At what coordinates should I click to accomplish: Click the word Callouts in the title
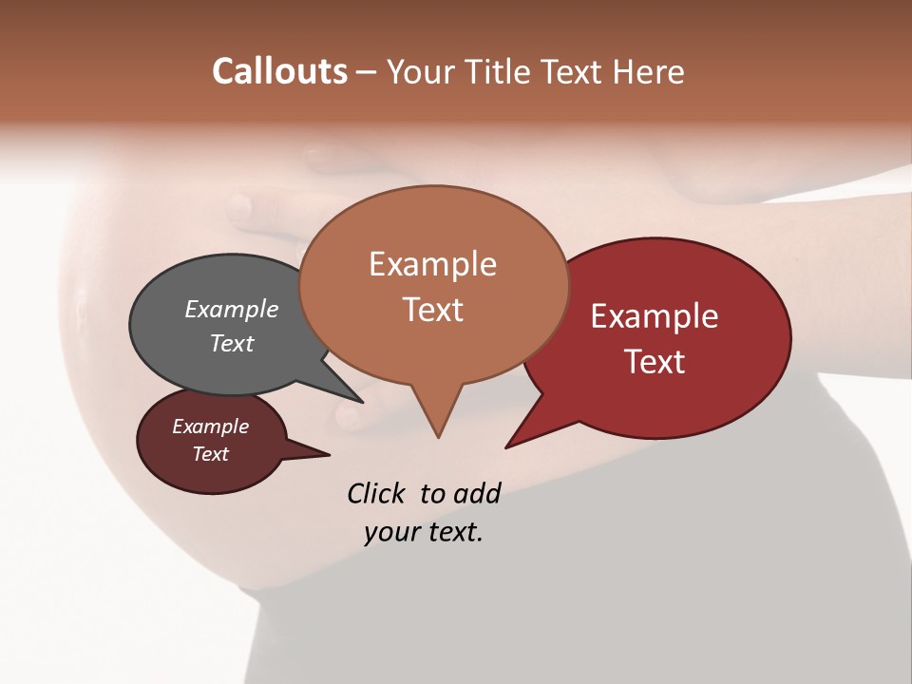279,71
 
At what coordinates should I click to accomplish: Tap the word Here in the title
648,71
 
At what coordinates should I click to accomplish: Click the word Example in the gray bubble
232,309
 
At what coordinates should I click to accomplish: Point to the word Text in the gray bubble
232,343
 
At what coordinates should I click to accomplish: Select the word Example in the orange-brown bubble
432,264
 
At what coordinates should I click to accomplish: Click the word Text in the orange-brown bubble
433,310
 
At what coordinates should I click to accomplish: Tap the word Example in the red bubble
655,316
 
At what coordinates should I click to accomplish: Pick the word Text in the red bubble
655,362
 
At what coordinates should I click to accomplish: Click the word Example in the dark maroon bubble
210,427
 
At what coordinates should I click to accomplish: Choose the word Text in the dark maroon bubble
210,454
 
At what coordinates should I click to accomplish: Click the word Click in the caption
378,493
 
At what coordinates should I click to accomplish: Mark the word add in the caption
476,493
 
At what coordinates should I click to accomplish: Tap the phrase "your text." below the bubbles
423,532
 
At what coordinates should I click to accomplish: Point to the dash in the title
368,72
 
